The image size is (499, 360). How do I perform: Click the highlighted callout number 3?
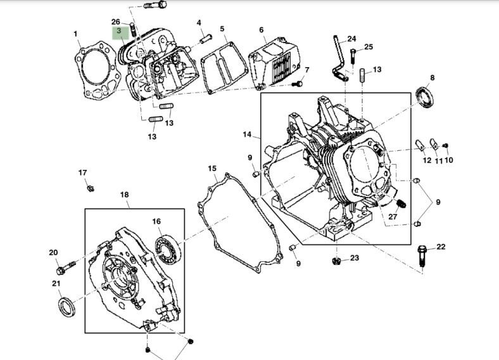tap(118, 31)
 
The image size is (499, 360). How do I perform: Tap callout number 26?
tap(115, 22)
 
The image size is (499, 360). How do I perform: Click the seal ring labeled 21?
tap(66, 306)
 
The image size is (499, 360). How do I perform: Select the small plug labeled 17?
tap(90, 186)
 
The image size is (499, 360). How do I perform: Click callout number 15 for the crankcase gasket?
tap(212, 168)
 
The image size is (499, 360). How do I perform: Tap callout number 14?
tap(247, 134)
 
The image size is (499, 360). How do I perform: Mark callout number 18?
tap(124, 195)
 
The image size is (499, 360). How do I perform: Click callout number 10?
tap(449, 160)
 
